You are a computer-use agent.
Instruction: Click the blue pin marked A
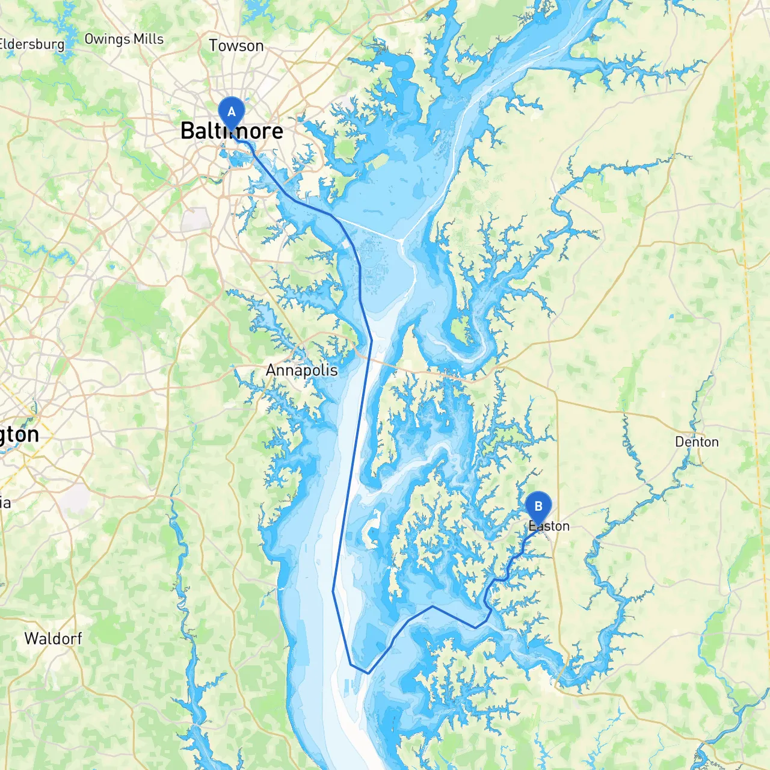(231, 112)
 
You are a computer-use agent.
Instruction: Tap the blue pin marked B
(538, 507)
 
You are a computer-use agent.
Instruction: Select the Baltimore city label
(232, 131)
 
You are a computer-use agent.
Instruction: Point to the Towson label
(236, 46)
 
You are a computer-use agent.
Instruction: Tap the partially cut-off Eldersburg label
(31, 44)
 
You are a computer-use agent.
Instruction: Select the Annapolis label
(302, 370)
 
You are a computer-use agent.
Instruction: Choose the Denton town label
(697, 442)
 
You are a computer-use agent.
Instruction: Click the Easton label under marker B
(549, 526)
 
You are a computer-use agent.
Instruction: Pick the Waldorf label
(53, 638)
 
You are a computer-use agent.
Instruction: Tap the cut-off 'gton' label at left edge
(19, 434)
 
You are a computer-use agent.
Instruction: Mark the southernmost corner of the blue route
(367, 673)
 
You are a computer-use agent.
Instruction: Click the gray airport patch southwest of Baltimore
(194, 220)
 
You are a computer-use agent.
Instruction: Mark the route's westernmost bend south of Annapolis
(333, 591)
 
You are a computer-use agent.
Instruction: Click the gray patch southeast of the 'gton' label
(75, 498)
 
